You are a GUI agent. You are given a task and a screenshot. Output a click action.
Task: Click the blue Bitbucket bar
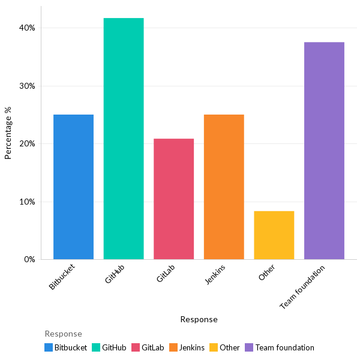73,187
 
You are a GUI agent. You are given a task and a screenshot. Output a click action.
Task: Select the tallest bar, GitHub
124,139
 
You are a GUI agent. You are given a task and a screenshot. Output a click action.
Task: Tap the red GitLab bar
173,199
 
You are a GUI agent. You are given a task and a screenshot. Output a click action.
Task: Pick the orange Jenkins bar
224,187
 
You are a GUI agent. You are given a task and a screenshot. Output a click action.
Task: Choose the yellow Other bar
274,235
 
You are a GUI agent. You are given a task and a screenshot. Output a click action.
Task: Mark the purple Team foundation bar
324,151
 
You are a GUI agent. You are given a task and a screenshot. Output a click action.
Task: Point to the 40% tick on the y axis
27,28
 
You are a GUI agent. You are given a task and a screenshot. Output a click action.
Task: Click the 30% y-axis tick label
27,86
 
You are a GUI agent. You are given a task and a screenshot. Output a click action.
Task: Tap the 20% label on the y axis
27,144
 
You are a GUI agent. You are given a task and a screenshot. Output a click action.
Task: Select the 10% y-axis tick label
27,202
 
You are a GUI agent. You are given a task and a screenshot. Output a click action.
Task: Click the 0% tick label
29,260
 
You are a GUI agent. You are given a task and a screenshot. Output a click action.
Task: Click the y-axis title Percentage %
8,133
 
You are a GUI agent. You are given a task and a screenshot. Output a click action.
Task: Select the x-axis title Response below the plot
199,319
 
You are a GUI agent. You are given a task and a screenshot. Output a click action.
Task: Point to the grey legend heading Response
63,334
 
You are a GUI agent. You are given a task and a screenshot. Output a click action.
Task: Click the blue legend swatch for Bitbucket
49,347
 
